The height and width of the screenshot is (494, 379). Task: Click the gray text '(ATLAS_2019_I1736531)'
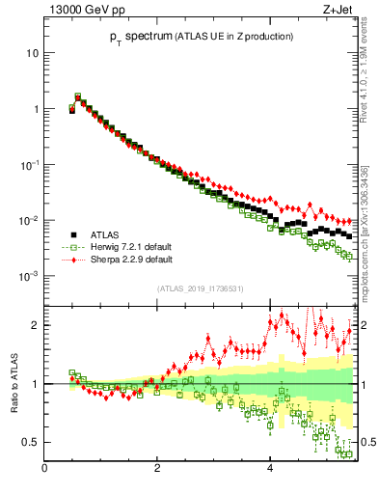pos(201,288)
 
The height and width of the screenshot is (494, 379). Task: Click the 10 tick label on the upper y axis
pos(33,53)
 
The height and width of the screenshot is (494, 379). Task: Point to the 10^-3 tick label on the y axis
pos(29,276)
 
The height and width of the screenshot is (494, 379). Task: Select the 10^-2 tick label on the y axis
pos(29,221)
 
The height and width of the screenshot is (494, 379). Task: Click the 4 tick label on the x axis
pos(270,469)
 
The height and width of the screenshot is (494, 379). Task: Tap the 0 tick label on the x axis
pos(45,469)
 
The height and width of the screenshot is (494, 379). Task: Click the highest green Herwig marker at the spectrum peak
pos(78,96)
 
